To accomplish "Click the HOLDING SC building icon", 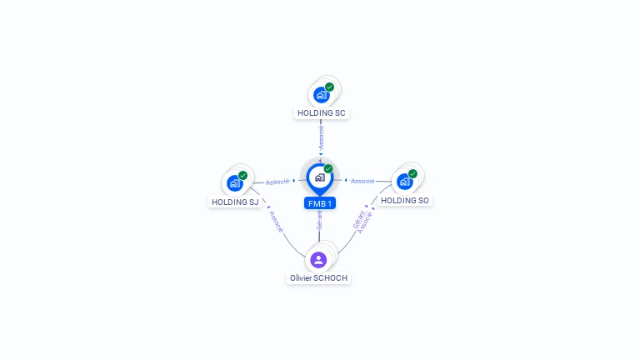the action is (x=322, y=95).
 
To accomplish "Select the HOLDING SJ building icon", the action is (x=235, y=183).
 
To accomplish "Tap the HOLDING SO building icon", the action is (x=405, y=182).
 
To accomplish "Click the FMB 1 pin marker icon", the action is (x=320, y=179).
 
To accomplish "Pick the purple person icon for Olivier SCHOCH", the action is (x=318, y=260).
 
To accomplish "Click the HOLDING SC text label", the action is (x=321, y=113).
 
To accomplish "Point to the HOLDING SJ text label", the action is (x=235, y=202).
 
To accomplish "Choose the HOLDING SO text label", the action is (x=405, y=200).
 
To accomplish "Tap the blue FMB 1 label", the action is (x=320, y=203).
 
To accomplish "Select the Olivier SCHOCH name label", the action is (x=318, y=278).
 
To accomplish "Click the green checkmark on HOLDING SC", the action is (x=329, y=87).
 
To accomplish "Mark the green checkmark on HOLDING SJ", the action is (x=242, y=176).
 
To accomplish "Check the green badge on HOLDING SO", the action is (x=412, y=174).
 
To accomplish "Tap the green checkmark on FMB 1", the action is (x=328, y=168).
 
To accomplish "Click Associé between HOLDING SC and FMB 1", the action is (x=321, y=137).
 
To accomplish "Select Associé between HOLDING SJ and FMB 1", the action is (x=277, y=182).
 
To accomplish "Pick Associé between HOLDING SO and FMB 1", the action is (x=362, y=181).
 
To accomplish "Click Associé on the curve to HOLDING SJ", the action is (x=277, y=222).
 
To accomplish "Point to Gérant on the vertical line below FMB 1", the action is (x=319, y=220).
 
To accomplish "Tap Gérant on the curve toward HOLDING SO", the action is (x=359, y=220).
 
